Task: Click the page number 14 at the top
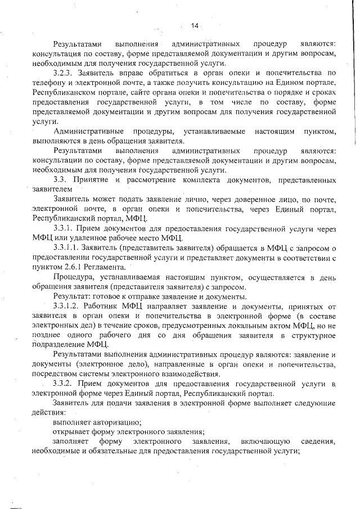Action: pyautogui.click(x=195, y=25)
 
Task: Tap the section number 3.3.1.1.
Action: pyautogui.click(x=66, y=248)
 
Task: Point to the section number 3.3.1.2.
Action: pyautogui.click(x=66, y=307)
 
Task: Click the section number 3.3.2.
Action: pyautogui.click(x=63, y=384)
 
